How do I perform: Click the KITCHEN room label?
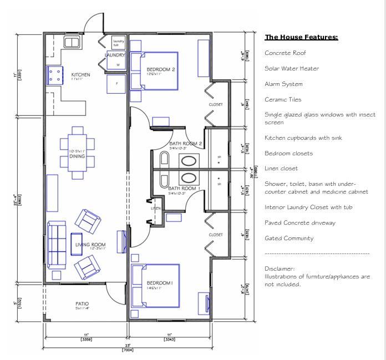(x=80, y=75)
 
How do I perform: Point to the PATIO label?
(x=82, y=304)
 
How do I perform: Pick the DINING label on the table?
(x=77, y=156)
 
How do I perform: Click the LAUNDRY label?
(x=115, y=55)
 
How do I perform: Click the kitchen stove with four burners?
(x=55, y=75)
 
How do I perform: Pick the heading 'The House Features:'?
(x=301, y=38)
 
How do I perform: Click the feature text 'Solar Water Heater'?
(x=292, y=69)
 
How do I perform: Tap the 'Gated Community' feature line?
(x=289, y=239)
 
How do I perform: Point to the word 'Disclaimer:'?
(x=280, y=268)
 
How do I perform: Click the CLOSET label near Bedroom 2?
(x=216, y=104)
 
